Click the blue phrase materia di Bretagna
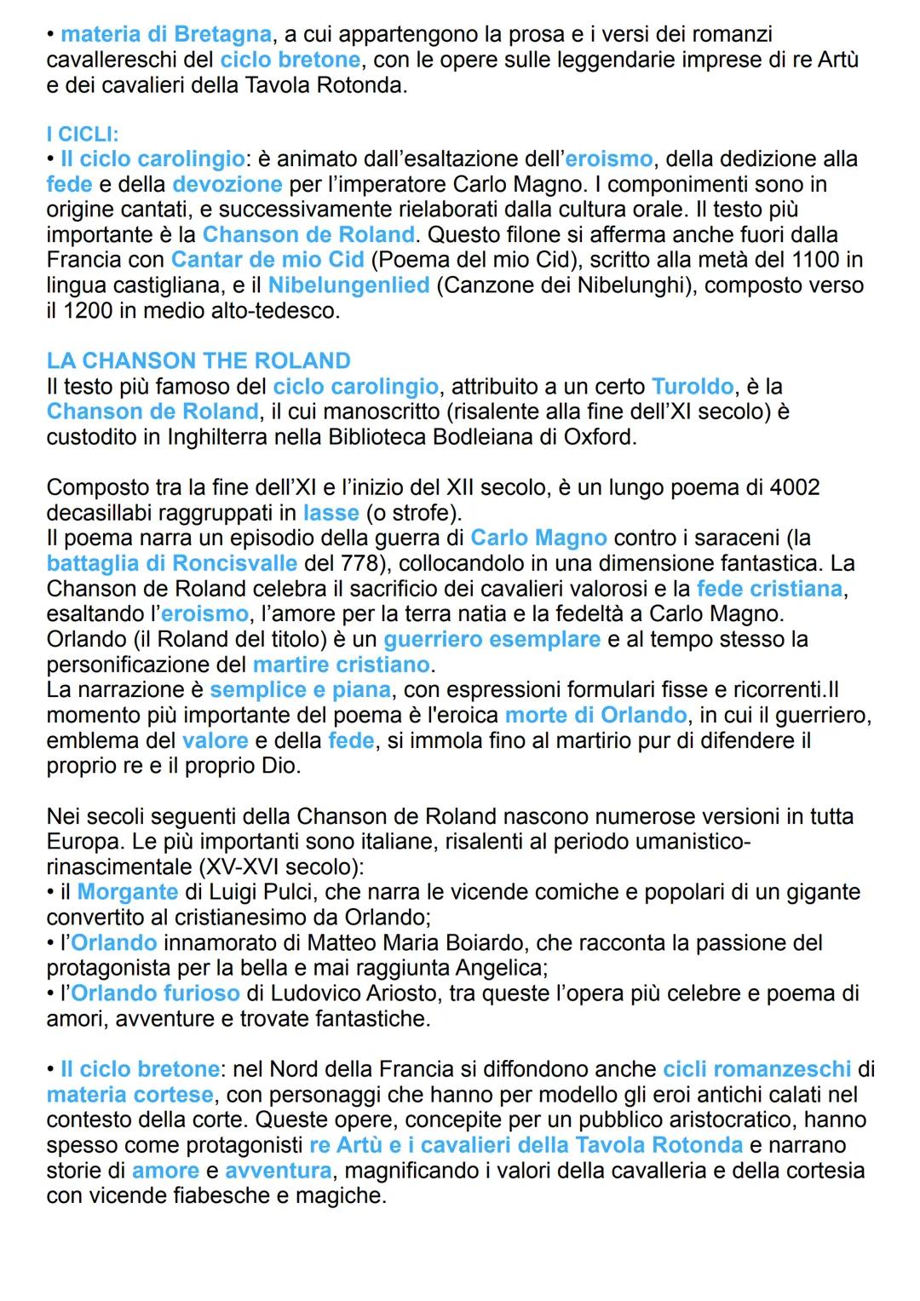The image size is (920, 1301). [166, 35]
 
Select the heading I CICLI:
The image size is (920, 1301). [83, 135]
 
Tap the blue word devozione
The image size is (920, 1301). [227, 185]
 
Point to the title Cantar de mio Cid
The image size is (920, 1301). [267, 260]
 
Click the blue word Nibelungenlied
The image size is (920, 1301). [348, 285]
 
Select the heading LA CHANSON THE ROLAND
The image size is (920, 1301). [198, 361]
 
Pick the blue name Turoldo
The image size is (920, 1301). [693, 387]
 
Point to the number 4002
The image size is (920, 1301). [794, 488]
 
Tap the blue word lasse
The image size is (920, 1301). [331, 513]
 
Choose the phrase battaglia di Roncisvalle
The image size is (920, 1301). [172, 564]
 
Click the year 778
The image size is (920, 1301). [365, 564]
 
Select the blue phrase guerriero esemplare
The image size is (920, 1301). [492, 640]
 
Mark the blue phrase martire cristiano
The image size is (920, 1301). [342, 665]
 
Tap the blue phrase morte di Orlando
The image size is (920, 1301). [595, 716]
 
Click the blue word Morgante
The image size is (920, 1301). [128, 893]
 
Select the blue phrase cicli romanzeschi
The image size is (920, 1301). [756, 1069]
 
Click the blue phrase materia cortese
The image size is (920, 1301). [130, 1095]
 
